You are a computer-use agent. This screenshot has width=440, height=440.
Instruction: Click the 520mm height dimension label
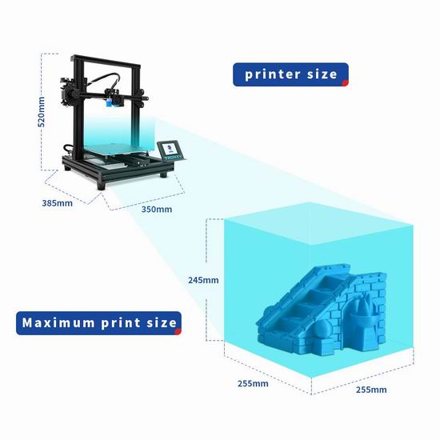(42, 112)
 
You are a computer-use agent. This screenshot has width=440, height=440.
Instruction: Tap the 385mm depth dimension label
(58, 203)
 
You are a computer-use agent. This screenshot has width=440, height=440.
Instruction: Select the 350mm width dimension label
(157, 210)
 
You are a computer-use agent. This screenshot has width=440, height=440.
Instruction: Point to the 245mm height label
(203, 280)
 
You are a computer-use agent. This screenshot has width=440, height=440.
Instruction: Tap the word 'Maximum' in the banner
(58, 322)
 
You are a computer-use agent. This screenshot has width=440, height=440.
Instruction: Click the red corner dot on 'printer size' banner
(346, 83)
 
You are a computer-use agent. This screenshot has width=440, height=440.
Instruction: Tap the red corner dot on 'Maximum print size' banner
(178, 332)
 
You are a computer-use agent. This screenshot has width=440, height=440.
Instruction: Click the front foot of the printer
(102, 186)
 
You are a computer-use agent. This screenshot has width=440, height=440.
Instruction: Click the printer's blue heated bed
(117, 148)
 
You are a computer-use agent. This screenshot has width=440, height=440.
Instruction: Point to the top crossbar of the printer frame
(106, 62)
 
